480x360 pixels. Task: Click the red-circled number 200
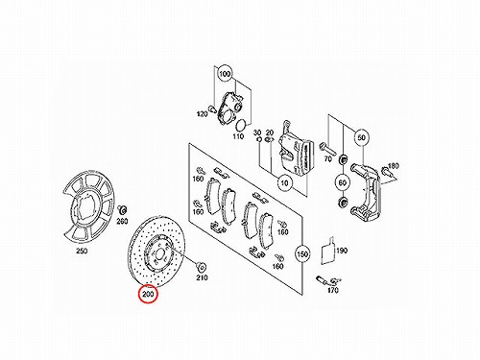point(148,294)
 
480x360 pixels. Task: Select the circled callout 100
point(225,74)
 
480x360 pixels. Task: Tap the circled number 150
point(302,254)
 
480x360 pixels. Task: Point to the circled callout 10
point(284,183)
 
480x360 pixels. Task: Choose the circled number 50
point(361,137)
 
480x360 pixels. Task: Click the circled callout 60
point(343,182)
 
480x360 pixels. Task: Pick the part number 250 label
point(82,251)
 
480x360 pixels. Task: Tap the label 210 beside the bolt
point(202,277)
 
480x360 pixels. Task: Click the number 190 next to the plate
point(342,251)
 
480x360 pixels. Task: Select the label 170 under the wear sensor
point(333,290)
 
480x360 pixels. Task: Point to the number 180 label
point(394,166)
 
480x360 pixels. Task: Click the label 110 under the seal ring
point(238,136)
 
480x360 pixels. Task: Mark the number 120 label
point(202,113)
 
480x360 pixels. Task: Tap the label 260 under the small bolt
point(122,221)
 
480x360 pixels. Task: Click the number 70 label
point(327,158)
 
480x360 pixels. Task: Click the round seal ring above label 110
point(242,125)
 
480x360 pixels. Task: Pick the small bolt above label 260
point(122,210)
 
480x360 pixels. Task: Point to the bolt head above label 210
point(202,266)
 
